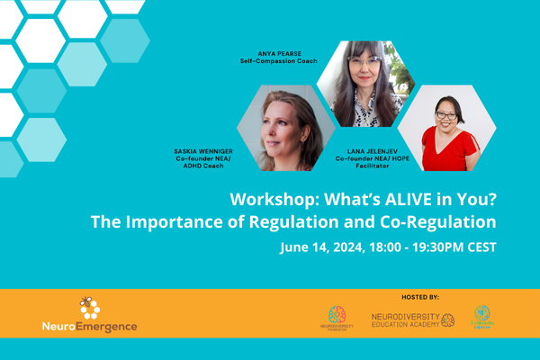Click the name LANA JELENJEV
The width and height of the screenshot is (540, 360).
click(x=366, y=148)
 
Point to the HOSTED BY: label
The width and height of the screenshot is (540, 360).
click(x=419, y=295)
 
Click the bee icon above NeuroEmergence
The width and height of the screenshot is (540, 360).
click(x=89, y=309)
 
